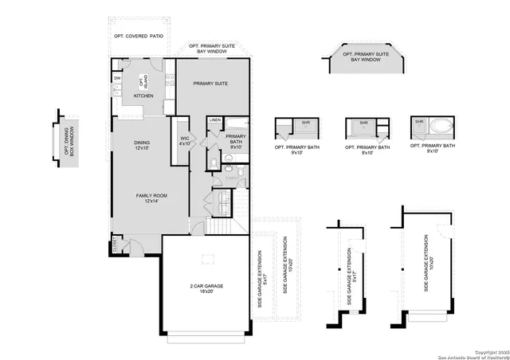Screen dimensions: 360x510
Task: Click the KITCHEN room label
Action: coord(143,96)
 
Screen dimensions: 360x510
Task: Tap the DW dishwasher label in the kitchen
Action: coord(117,78)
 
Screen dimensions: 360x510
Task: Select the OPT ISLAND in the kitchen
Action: coord(143,82)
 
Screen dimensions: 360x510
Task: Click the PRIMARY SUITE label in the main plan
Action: coord(211,83)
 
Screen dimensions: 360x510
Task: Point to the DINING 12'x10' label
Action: coord(142,146)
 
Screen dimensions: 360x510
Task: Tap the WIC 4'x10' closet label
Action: coord(185,142)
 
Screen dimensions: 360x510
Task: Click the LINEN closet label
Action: coord(215,120)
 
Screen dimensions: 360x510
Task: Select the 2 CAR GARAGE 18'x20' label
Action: coord(206,289)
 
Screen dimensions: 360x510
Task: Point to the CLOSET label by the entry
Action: coord(116,244)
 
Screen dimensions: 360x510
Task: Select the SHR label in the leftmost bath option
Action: coord(305,123)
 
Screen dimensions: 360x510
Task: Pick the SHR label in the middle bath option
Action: coord(363,123)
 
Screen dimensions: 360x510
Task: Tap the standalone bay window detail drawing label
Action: coord(367,56)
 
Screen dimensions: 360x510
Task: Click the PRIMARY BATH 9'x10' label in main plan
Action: coord(236,142)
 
